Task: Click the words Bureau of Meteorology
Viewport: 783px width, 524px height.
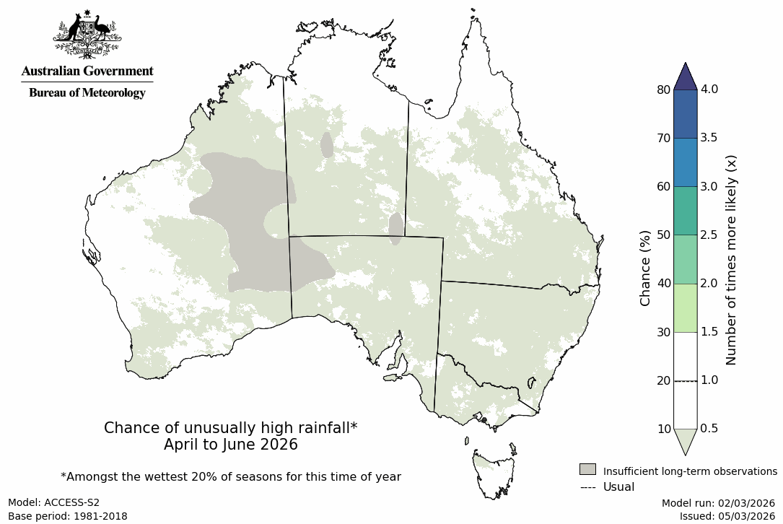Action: pos(87,92)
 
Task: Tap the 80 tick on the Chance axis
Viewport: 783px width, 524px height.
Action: pos(663,89)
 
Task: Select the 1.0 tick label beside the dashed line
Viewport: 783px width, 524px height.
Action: pos(709,380)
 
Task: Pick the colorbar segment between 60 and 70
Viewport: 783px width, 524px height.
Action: pos(685,162)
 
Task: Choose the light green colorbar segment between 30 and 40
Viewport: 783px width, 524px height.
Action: pos(685,307)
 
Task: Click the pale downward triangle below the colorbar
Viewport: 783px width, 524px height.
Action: pos(685,440)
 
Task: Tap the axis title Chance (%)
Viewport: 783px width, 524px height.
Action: pos(645,268)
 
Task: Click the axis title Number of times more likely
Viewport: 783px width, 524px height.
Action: pos(731,260)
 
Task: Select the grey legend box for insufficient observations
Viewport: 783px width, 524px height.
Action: pos(587,469)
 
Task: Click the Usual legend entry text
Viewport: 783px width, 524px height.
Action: pos(618,486)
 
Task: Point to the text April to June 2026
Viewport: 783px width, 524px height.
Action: pos(230,445)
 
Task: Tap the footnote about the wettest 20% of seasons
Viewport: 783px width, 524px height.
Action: pos(230,476)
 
